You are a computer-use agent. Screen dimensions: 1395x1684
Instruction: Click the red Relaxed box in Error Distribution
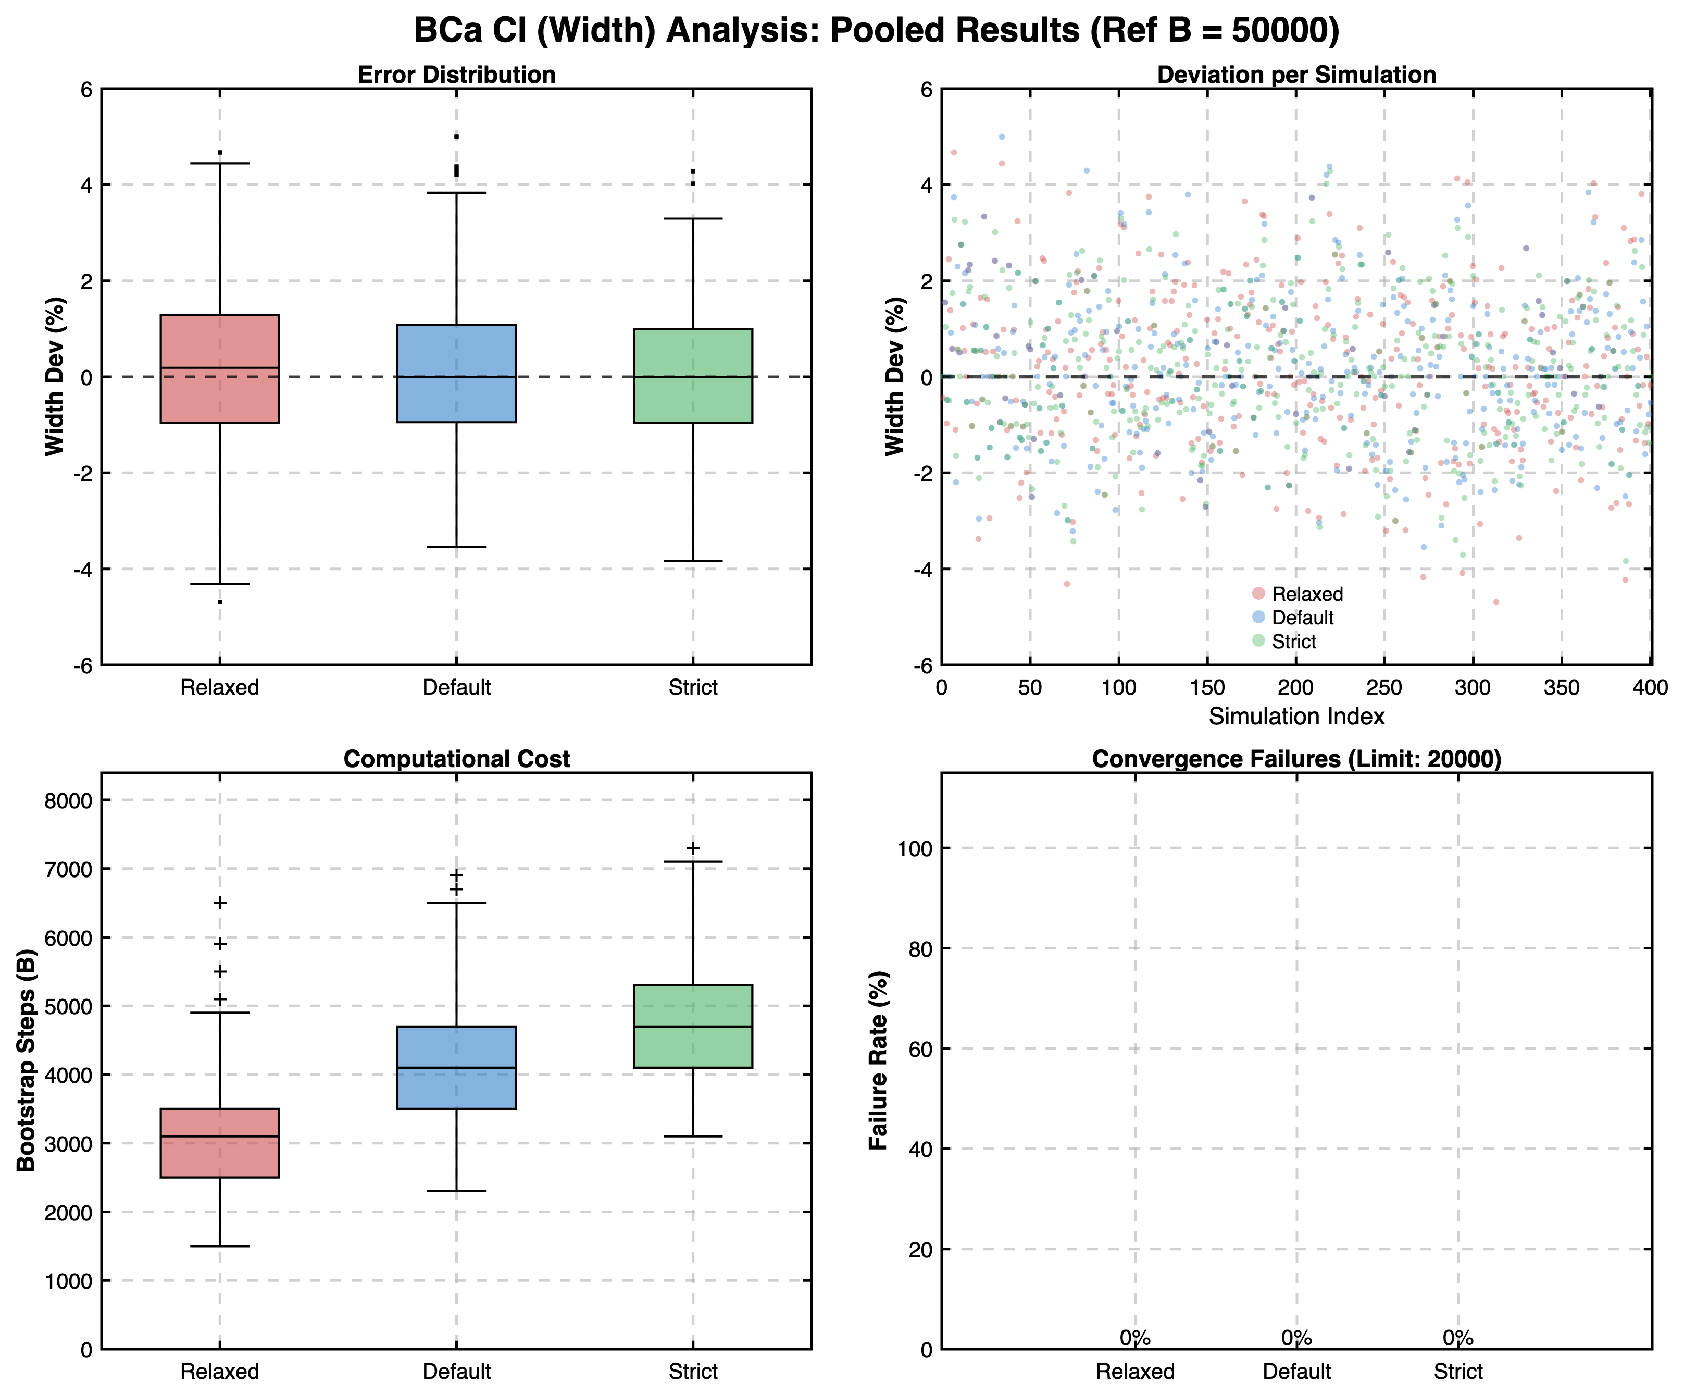tap(220, 368)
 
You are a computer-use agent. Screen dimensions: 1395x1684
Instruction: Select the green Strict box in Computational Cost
tap(693, 1026)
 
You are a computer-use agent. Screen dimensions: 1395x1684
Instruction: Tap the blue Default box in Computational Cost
tap(456, 1067)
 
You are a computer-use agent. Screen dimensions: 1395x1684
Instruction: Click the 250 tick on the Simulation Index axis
tap(1384, 687)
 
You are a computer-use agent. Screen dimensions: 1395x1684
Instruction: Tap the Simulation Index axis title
tap(1296, 717)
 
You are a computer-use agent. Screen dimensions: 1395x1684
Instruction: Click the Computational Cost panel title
tap(456, 759)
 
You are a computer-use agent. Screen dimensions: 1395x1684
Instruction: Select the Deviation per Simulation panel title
tap(1296, 75)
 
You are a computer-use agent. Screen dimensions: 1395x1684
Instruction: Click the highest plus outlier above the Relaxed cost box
tap(220, 903)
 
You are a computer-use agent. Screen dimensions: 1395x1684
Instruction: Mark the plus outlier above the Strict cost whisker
tap(693, 848)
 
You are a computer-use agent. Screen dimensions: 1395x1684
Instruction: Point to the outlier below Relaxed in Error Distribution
tap(220, 602)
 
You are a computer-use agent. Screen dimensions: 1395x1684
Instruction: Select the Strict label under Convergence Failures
tap(1458, 1371)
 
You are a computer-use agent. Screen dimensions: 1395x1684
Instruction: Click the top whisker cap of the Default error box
tap(456, 192)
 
